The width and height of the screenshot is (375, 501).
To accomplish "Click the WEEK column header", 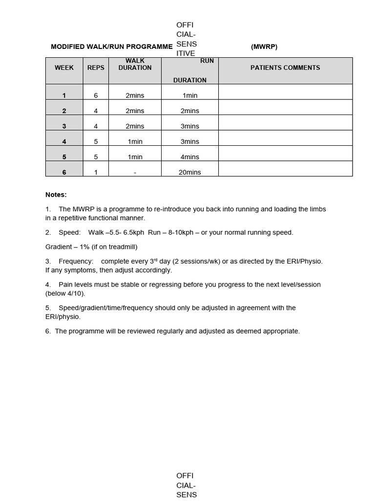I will (64, 68).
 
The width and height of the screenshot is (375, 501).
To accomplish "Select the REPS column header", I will (96, 68).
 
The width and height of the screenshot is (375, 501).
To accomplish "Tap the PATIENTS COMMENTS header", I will (285, 68).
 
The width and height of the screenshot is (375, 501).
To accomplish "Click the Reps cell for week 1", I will (96, 95).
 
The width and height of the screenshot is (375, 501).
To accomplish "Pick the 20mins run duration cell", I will (190, 172).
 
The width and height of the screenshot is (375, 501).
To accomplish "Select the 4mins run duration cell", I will (190, 157).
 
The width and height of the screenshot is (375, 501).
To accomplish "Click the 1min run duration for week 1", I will (190, 95).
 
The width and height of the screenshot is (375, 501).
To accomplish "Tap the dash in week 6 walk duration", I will (135, 172).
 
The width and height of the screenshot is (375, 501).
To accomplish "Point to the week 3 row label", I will (64, 126).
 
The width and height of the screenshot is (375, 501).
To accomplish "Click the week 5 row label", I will (64, 157).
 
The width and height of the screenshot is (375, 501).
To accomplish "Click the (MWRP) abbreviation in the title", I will (264, 47).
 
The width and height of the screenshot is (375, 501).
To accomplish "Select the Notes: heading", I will (56, 195).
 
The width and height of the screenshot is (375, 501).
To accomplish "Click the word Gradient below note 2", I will (59, 247).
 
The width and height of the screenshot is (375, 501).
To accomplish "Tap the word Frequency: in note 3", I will (76, 261).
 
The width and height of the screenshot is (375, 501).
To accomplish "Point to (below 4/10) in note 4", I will (65, 294).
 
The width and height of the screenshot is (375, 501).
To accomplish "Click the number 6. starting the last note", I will (48, 331).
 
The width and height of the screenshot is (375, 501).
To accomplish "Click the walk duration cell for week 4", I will (135, 141).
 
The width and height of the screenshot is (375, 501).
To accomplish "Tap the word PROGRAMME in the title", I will (149, 47).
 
